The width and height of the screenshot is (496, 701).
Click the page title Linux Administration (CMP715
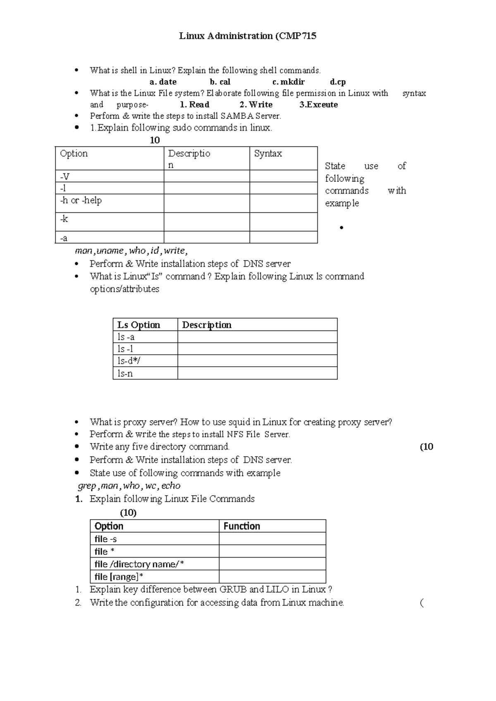tap(248, 36)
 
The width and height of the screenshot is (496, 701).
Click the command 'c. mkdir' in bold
tap(289, 82)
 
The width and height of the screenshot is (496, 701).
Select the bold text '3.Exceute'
tap(318, 105)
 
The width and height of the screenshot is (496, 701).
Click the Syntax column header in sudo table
tap(268, 154)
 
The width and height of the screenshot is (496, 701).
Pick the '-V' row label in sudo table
tap(65, 176)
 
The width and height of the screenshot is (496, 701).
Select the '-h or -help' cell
tap(81, 200)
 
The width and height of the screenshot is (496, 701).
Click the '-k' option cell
tap(64, 219)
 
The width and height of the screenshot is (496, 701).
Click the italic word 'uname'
tap(110, 251)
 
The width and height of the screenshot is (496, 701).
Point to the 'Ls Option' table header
tap(138, 325)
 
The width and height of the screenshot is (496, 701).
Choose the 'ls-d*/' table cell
tap(129, 361)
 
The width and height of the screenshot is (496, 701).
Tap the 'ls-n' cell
tap(125, 374)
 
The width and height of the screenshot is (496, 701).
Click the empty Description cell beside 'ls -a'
tap(257, 337)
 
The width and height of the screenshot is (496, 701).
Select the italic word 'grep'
tap(87, 486)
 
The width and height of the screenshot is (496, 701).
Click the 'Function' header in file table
tap(242, 526)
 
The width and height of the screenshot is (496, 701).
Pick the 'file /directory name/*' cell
tap(139, 564)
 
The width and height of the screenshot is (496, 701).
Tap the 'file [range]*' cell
tap(119, 577)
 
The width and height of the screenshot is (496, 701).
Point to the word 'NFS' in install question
tap(235, 434)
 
